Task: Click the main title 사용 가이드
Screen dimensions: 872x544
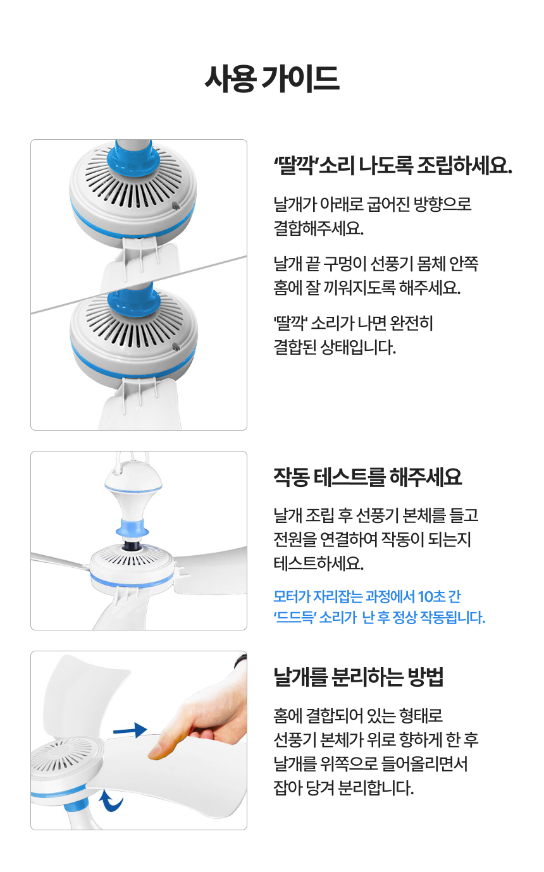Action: pos(272,79)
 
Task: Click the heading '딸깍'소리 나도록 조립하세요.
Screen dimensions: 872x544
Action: pos(392,166)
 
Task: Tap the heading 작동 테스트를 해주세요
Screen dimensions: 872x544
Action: pos(368,477)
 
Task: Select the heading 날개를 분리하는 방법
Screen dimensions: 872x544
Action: pos(359,677)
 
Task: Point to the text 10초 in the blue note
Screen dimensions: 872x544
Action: pos(431,596)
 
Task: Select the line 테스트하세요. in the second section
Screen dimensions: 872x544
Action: pos(318,563)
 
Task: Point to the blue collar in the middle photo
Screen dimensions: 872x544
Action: pos(133,526)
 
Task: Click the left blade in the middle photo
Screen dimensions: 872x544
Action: pos(60,560)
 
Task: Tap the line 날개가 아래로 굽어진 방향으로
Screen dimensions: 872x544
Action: pos(373,204)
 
